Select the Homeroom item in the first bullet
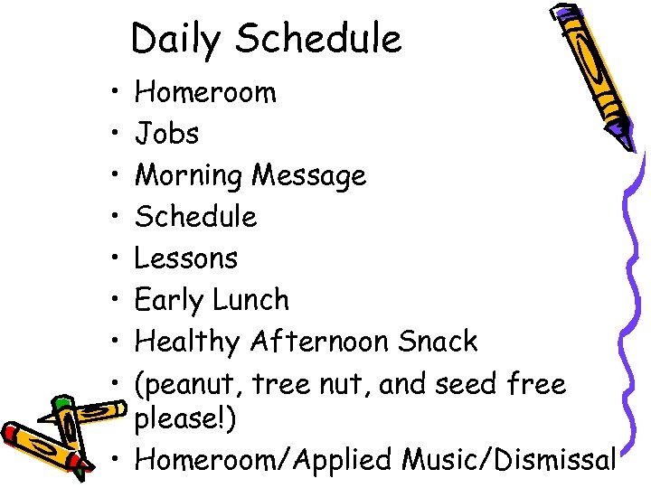click(x=205, y=92)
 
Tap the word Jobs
click(x=166, y=134)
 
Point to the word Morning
click(x=189, y=176)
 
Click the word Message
click(x=309, y=175)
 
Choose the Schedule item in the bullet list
click(x=195, y=217)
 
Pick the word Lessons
click(x=185, y=258)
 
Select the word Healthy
click(x=186, y=343)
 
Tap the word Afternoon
click(x=320, y=342)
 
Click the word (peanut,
click(x=189, y=385)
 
